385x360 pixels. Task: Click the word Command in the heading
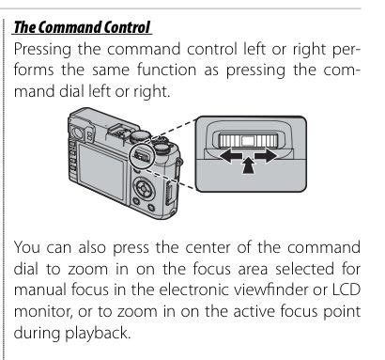[70, 27]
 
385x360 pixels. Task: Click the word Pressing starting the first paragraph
[42, 51]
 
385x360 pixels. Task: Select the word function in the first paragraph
[166, 70]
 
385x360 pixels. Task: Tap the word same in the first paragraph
[110, 70]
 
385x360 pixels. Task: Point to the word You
[27, 247]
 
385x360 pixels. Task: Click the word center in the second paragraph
[208, 248]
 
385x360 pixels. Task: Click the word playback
[98, 334]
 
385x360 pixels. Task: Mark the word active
[253, 311]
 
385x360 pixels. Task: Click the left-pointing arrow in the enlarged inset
[230, 156]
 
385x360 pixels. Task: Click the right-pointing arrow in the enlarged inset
[266, 156]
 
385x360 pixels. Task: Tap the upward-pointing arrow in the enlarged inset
[248, 164]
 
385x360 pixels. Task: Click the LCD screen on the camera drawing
[101, 171]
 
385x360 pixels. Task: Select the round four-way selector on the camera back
[144, 188]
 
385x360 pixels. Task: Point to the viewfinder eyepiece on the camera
[77, 131]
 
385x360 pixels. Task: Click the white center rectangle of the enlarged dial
[248, 140]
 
